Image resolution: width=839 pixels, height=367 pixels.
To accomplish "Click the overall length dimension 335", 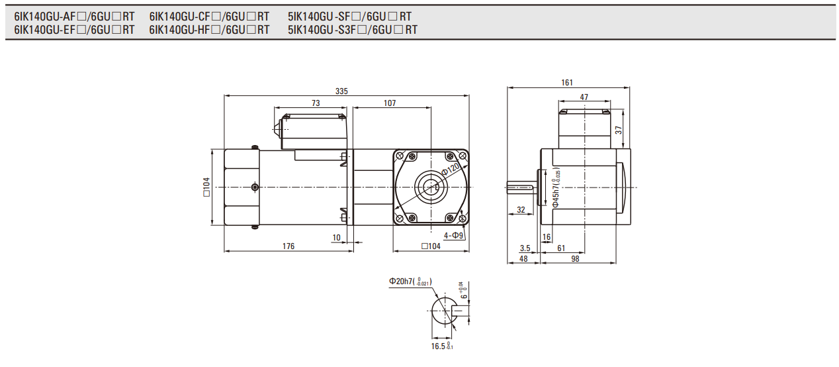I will tap(341, 91).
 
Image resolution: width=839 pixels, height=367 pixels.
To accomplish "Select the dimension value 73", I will tap(315, 103).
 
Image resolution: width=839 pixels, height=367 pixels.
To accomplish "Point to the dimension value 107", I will tap(390, 103).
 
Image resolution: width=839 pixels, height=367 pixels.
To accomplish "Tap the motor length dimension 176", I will tap(288, 246).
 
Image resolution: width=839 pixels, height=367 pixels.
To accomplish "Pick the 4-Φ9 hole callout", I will tap(454, 235).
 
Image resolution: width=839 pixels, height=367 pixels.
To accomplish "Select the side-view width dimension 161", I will tap(567, 83).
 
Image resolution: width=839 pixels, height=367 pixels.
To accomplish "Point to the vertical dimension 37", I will tap(619, 131).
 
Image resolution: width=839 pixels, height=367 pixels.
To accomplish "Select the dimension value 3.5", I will tap(525, 248).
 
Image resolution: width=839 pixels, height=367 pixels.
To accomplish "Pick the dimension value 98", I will tap(574, 259).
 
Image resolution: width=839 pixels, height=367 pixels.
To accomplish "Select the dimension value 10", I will tap(337, 237).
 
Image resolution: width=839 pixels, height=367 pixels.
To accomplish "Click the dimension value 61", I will tap(560, 248).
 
